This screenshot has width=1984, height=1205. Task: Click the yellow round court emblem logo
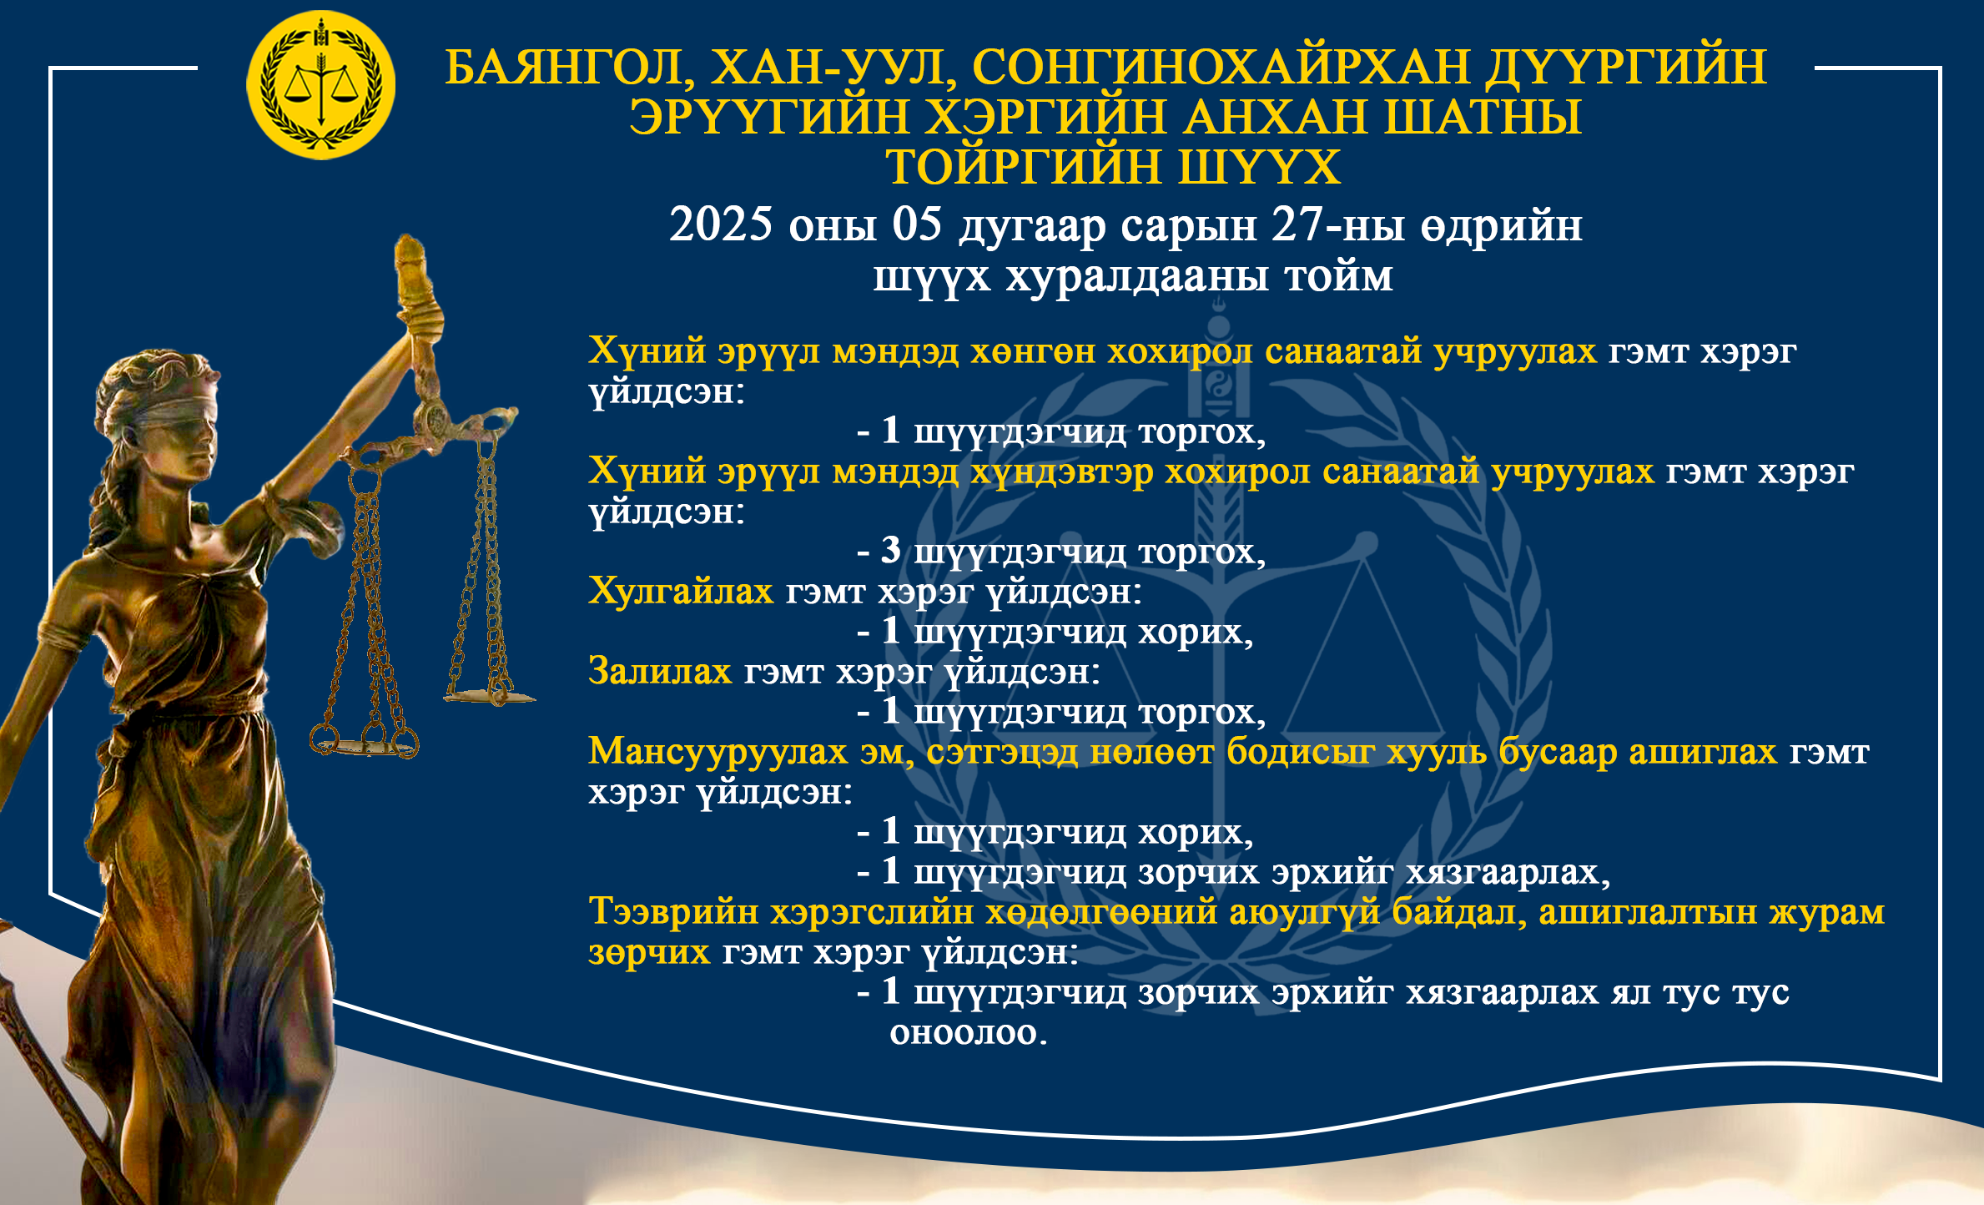[x=320, y=85]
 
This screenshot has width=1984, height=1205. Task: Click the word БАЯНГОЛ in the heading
[x=570, y=68]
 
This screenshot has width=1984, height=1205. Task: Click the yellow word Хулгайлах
[x=681, y=591]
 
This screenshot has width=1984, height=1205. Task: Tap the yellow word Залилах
[x=660, y=671]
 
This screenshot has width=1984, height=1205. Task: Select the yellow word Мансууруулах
[x=718, y=752]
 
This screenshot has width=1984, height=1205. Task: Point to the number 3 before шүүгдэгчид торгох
[x=891, y=551]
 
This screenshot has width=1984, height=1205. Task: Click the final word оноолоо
[x=968, y=1032]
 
